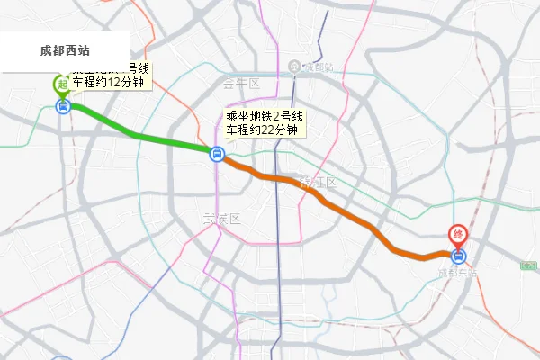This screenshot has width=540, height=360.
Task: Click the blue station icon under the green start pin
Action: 63,106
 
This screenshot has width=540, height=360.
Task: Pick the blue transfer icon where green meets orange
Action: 217,154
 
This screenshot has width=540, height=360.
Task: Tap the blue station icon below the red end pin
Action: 459,255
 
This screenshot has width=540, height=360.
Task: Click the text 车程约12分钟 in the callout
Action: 108,82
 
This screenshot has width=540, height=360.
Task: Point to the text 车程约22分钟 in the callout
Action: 262,130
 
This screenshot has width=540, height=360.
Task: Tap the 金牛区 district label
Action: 241,84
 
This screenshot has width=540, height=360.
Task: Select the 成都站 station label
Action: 318,67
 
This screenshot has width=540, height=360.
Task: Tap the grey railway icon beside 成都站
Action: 295,67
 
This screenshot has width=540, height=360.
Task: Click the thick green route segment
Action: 135,134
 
